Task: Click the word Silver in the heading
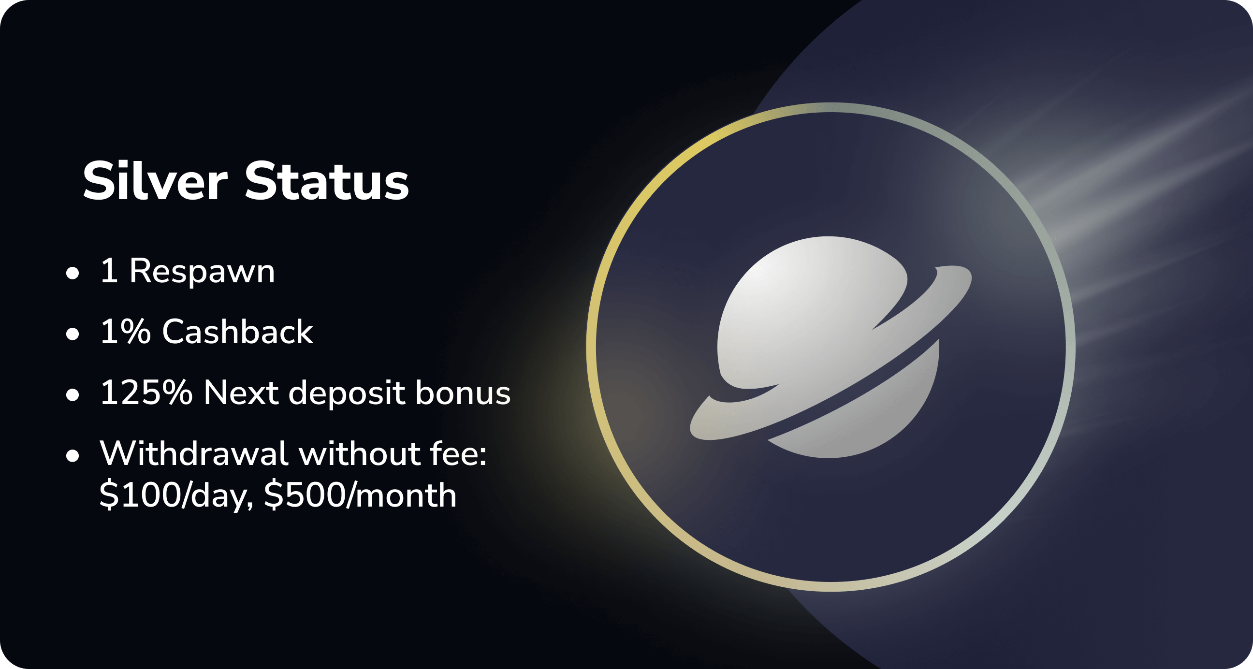click(155, 180)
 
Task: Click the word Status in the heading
click(326, 180)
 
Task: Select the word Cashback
click(237, 332)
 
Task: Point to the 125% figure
click(146, 393)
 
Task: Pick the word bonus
click(463, 392)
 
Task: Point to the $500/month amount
click(361, 496)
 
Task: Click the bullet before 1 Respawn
click(73, 274)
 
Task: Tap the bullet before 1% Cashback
click(73, 334)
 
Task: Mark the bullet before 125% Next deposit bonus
click(73, 395)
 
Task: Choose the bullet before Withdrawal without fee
click(73, 456)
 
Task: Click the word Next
click(241, 393)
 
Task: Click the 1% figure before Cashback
click(126, 332)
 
